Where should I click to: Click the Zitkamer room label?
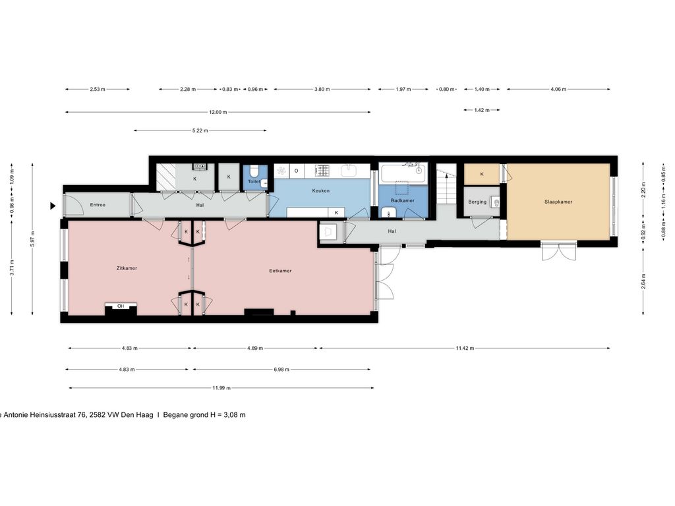click(127, 268)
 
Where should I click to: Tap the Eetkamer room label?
click(280, 271)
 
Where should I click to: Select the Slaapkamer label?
click(558, 202)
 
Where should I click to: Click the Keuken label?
click(321, 190)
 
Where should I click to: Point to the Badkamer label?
click(403, 200)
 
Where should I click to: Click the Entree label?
click(98, 205)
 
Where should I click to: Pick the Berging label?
click(477, 202)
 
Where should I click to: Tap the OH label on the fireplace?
click(121, 306)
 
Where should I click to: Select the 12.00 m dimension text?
click(218, 113)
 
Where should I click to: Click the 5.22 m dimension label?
click(200, 130)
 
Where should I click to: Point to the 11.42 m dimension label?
click(464, 349)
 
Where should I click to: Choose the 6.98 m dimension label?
click(281, 370)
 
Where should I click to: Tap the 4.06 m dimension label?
click(558, 89)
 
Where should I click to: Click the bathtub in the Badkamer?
click(403, 174)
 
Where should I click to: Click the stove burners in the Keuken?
click(322, 171)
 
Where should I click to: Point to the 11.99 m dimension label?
click(220, 388)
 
